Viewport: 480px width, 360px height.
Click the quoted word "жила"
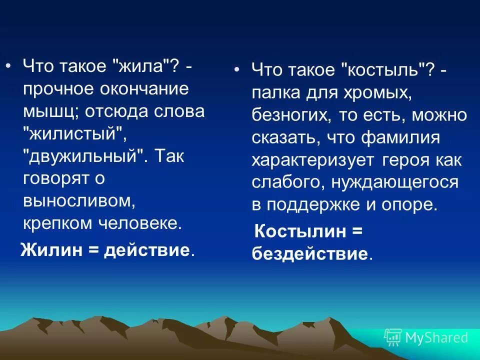click(144, 67)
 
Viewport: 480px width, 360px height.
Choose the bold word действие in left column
click(146, 249)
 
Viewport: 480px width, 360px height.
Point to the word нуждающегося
click(394, 182)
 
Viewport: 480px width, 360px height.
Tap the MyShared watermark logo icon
click(392, 337)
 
